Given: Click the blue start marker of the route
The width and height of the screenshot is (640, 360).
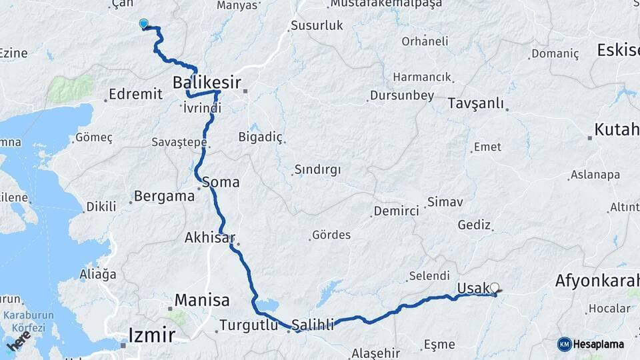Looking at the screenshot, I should tap(143, 25).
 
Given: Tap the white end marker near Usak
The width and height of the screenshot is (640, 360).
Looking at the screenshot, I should tap(495, 288).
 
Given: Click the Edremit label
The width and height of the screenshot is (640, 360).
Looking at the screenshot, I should tap(135, 94).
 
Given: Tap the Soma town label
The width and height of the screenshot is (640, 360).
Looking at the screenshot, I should tap(221, 181).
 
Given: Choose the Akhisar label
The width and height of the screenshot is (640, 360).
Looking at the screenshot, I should tap(209, 237).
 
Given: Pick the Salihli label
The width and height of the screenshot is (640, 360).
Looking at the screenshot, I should tap(313, 325).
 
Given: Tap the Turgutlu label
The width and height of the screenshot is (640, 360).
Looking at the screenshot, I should tap(247, 326).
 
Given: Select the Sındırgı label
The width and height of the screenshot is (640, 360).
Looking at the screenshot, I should tap(317, 169).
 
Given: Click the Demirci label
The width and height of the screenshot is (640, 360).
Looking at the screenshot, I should tap(397, 211).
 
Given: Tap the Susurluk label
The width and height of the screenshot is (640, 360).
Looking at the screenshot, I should tap(317, 26).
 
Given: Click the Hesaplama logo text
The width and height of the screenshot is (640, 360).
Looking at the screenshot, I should tap(599, 344).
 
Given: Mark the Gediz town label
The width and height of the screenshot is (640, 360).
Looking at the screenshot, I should tap(474, 225).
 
